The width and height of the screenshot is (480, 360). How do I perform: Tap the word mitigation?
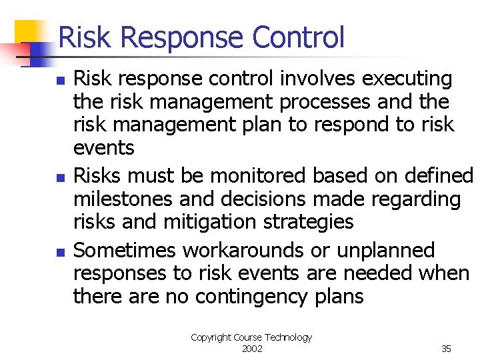pyautogui.click(x=204, y=222)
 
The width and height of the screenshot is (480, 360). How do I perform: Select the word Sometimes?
pyautogui.click(x=125, y=251)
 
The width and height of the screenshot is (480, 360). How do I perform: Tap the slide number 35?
pyautogui.click(x=446, y=349)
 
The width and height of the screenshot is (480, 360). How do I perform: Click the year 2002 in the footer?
pyautogui.click(x=252, y=349)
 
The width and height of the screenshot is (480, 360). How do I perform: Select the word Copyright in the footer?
pyautogui.click(x=210, y=337)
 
